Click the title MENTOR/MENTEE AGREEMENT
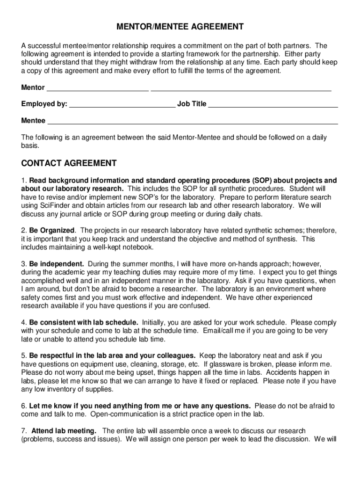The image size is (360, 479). (180, 27)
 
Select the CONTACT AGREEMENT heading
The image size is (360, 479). (69, 163)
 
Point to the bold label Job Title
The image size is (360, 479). (192, 104)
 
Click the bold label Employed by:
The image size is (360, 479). (44, 104)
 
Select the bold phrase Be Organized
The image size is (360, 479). (52, 231)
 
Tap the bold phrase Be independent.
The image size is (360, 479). (57, 264)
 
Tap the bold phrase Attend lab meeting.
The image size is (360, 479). (64, 430)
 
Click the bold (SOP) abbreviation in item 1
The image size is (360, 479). (263, 181)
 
